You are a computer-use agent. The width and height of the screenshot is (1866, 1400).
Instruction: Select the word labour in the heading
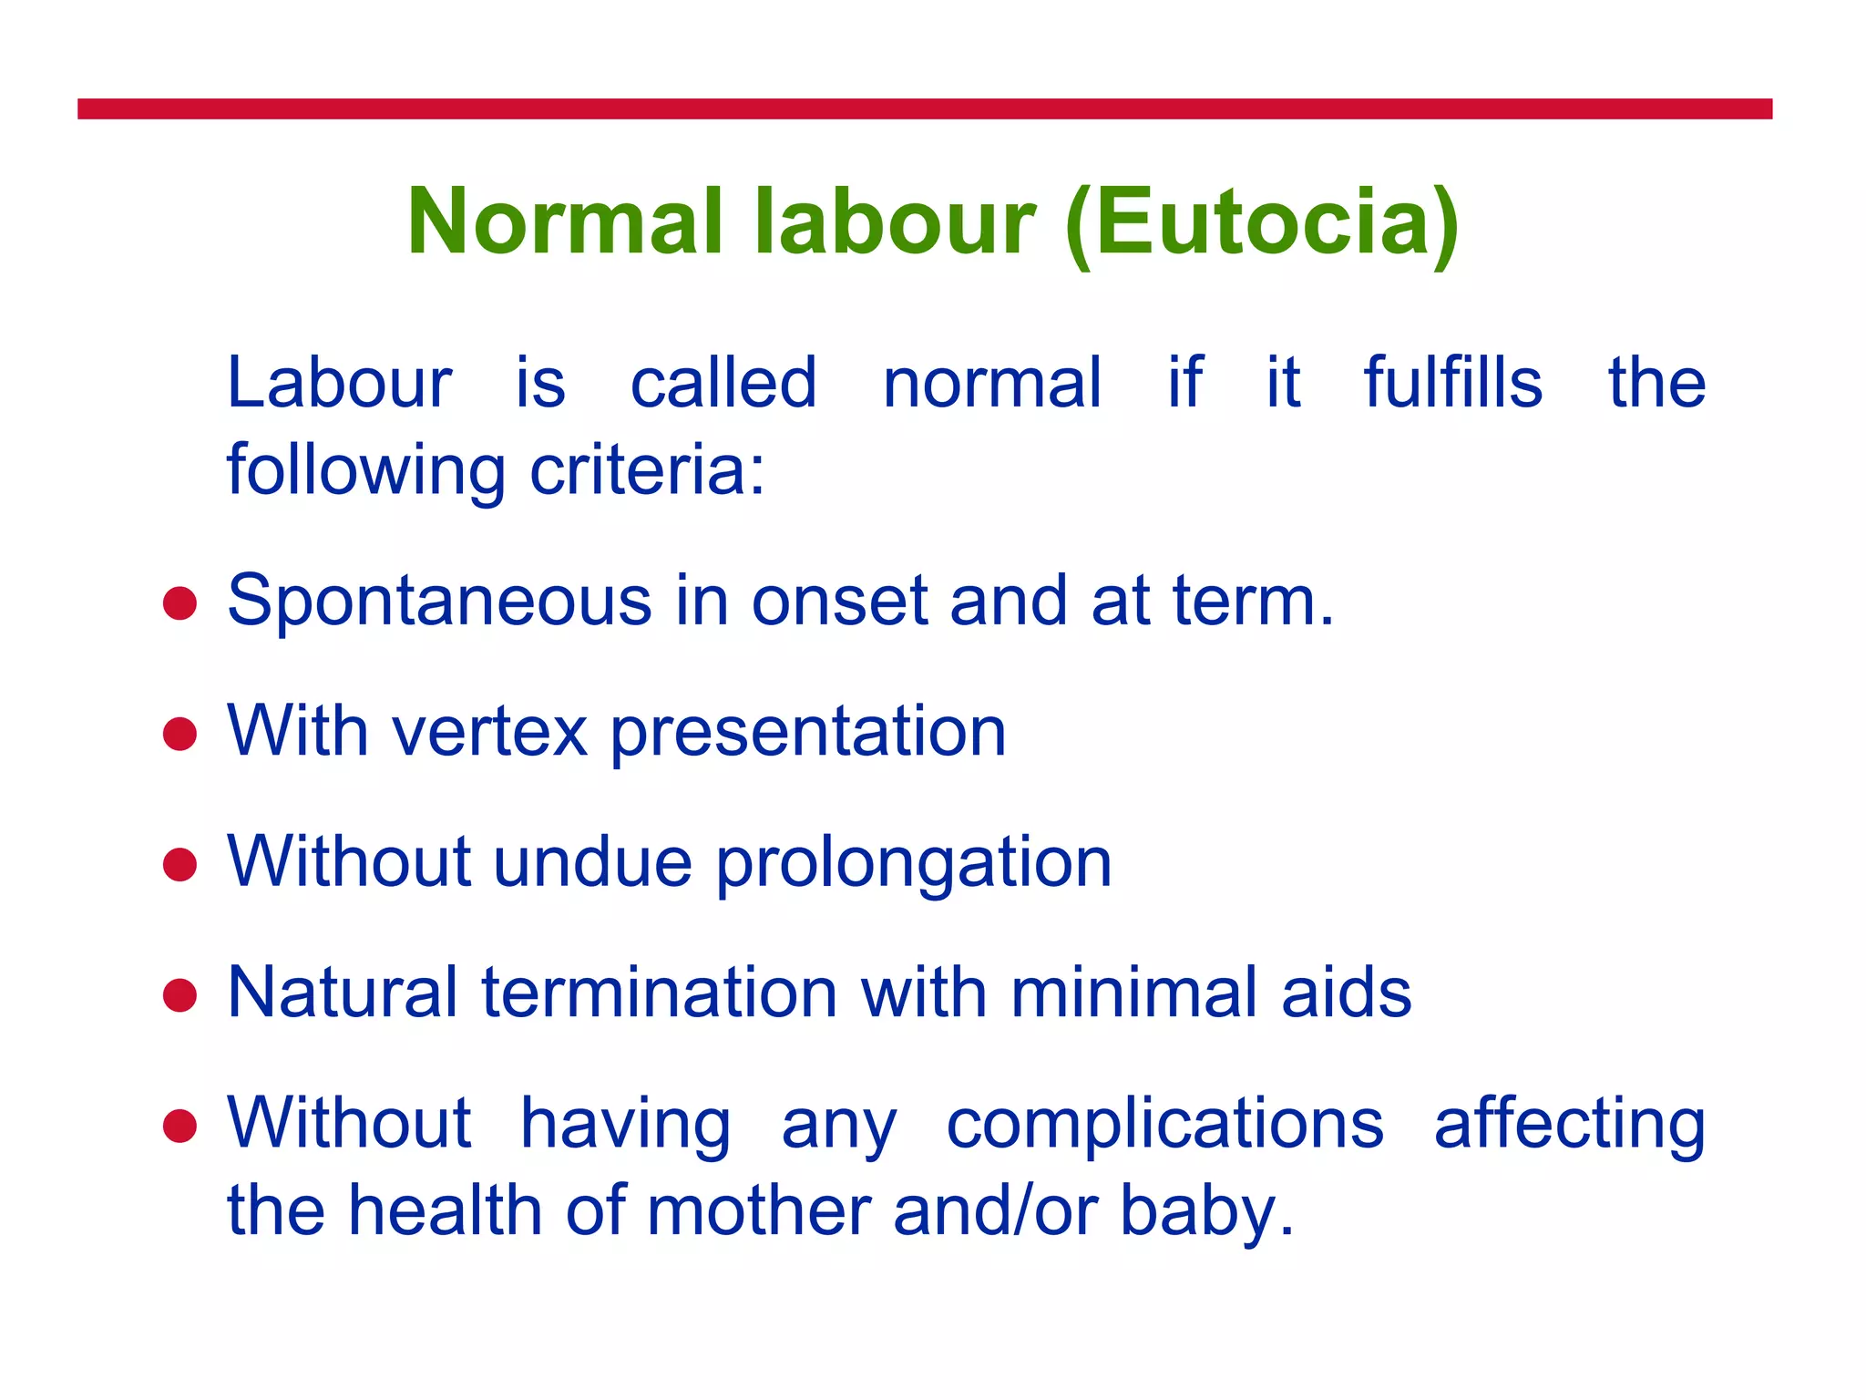pos(896,222)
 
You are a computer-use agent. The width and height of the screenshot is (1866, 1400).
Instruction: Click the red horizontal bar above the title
pos(925,109)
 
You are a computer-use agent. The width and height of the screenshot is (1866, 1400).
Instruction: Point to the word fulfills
pos(1453,382)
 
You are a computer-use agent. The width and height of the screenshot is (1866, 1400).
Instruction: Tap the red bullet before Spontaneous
pos(180,603)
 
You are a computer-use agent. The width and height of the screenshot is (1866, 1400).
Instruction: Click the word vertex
pos(490,732)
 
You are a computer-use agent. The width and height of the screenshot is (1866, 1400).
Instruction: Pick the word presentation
pos(808,734)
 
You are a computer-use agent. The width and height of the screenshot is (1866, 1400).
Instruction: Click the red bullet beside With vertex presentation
pos(180,734)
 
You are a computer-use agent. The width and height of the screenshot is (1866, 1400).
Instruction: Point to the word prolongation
pos(914,864)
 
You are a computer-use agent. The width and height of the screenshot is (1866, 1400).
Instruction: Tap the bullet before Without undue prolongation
pos(180,864)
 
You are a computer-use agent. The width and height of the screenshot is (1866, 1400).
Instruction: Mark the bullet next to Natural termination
pos(180,995)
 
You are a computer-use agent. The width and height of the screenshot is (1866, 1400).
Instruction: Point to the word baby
pos(1207,1212)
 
